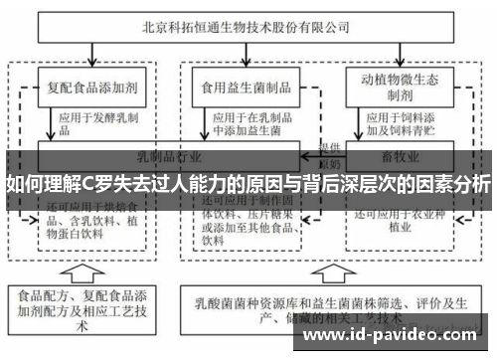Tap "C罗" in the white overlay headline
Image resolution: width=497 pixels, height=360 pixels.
click(96, 185)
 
